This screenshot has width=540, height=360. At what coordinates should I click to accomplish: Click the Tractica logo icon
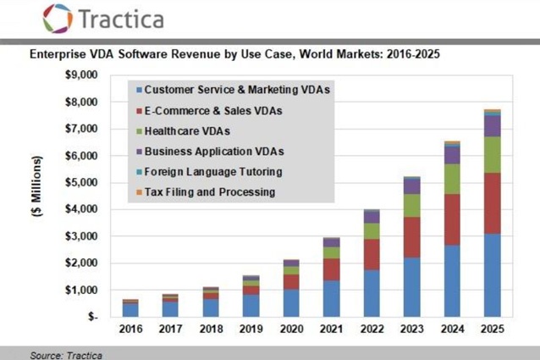tap(58, 18)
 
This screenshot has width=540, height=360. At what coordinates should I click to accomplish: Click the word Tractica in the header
tap(121, 19)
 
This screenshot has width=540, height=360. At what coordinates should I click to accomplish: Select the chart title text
tap(235, 53)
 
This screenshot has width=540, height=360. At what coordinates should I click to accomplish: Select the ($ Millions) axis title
tap(37, 187)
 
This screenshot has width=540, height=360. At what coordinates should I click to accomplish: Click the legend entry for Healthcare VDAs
tap(186, 131)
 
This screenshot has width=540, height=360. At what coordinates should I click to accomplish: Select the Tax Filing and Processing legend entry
tap(209, 192)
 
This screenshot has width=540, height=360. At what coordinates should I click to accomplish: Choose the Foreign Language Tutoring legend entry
tap(212, 172)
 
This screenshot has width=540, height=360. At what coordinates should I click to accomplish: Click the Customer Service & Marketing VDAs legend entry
tap(236, 90)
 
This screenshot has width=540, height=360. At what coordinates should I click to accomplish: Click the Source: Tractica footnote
tap(66, 355)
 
